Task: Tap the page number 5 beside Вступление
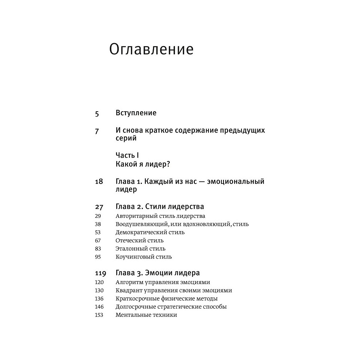tap(97, 113)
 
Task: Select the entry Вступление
tap(136, 113)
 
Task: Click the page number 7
tap(97, 131)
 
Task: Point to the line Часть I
tap(127, 155)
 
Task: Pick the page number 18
tap(99, 181)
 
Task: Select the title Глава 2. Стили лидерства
tap(160, 207)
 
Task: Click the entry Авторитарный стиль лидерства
tap(161, 216)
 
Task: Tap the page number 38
tap(98, 224)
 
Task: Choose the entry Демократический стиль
tap(150, 232)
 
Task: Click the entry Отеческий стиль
tap(140, 240)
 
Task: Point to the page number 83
tap(98, 249)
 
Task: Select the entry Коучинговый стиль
tap(144, 257)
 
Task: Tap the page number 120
tap(99, 282)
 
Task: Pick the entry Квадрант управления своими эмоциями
tap(174, 291)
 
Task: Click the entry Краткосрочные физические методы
tap(167, 298)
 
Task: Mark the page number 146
tap(99, 307)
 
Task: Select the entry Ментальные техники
tap(147, 315)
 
